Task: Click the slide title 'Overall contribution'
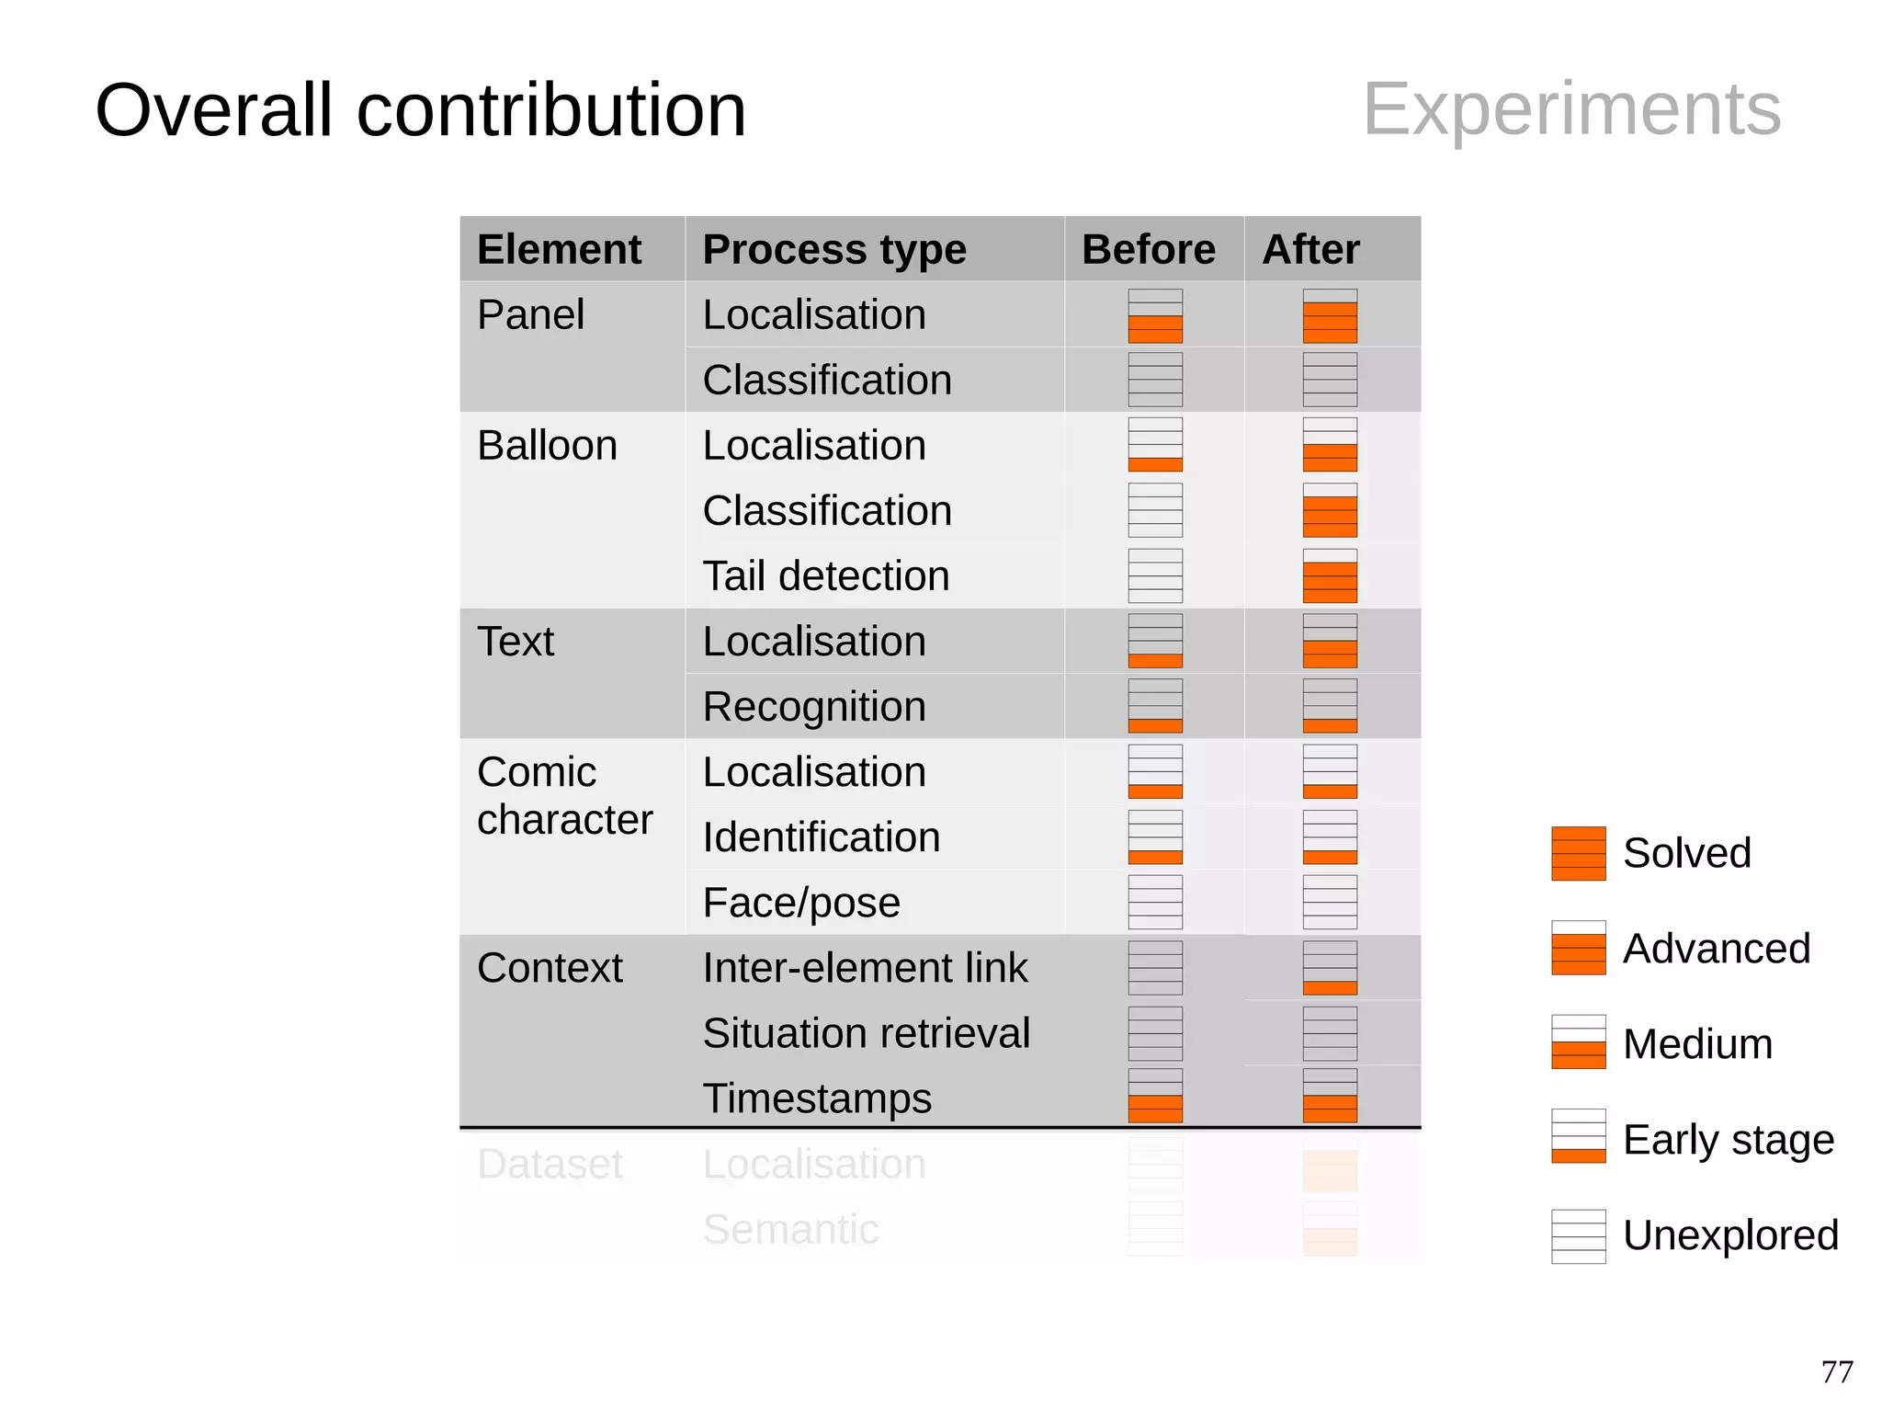tap(420, 110)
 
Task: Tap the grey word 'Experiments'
tap(1571, 108)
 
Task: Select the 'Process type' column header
tap(833, 249)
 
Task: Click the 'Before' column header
tap(1148, 249)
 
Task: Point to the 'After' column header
tap(1310, 249)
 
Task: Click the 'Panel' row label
tap(530, 314)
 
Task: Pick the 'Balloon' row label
tap(547, 445)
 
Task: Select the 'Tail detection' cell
tap(825, 575)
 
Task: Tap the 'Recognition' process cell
tap(814, 706)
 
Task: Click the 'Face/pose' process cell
tap(801, 902)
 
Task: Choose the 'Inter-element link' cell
tap(865, 967)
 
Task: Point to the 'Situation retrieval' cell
tap(866, 1032)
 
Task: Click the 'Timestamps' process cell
tap(817, 1098)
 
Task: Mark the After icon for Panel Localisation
tap(1330, 316)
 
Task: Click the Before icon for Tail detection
tap(1155, 575)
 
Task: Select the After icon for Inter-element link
tap(1330, 967)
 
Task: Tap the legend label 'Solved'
tap(1686, 852)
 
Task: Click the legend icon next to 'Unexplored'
tap(1578, 1235)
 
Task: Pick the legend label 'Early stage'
tap(1728, 1139)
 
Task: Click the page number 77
tap(1836, 1371)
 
